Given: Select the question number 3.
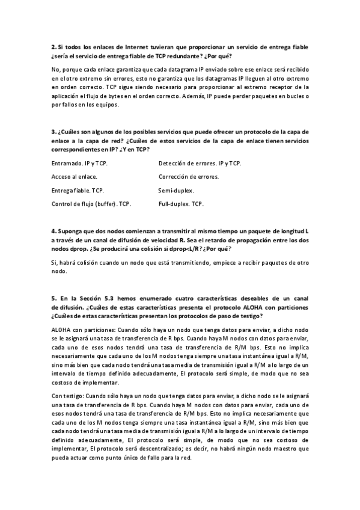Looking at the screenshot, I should (53, 131).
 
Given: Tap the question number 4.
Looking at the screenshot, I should (53, 231).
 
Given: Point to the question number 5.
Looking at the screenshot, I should (53, 298).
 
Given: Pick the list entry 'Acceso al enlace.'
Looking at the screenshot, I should (75, 177).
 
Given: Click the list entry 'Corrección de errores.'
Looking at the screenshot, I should (189, 177).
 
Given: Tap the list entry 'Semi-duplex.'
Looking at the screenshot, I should (176, 191).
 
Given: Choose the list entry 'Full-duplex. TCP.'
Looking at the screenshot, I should (181, 204).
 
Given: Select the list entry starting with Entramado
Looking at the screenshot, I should (79, 164).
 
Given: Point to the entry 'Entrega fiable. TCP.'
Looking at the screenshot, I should (78, 191).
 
